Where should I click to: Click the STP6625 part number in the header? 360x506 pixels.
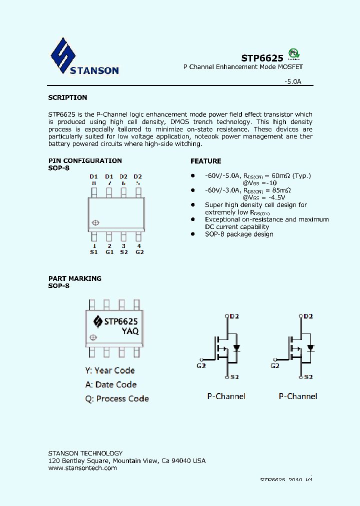(262, 57)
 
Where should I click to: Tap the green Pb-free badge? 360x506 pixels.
(295, 54)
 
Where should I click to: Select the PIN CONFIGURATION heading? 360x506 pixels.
(85, 160)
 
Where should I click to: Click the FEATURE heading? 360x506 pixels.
(205, 161)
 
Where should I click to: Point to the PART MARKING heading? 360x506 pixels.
(74, 278)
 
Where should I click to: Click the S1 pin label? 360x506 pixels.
(93, 252)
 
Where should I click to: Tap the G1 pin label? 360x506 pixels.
(109, 252)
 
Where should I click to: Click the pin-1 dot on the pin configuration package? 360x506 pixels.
(95, 223)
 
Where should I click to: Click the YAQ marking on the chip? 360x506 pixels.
(130, 331)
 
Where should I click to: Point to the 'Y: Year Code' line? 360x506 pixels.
(109, 370)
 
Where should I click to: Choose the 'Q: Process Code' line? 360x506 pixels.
(117, 398)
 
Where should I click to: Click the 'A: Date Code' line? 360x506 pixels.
(110, 384)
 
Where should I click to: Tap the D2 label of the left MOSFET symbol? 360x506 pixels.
(234, 316)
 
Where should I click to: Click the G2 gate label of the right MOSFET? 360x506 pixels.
(274, 365)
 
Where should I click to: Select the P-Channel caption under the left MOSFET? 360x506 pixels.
(226, 396)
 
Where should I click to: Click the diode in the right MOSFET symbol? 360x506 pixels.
(310, 347)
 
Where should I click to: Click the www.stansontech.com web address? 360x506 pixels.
(82, 468)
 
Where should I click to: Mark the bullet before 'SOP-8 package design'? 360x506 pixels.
(192, 234)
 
